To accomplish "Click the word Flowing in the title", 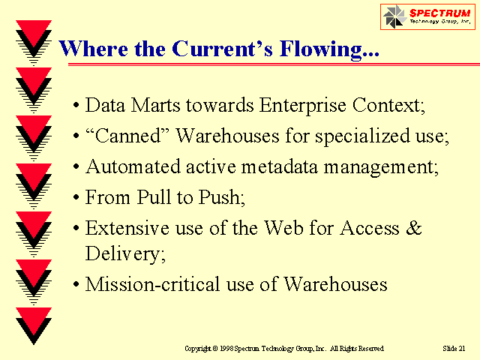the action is point(329,49).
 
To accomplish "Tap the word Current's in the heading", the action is point(222,48).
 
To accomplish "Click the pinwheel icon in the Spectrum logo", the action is point(394,16).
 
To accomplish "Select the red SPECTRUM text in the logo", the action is point(439,13).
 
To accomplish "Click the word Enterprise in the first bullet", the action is point(302,106).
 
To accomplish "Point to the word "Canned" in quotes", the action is point(127,136).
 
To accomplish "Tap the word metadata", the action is point(280,167).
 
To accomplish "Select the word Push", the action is point(222,197).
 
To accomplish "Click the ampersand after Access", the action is point(413,228).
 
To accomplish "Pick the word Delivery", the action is point(125,253).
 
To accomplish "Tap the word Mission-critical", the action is point(152,284).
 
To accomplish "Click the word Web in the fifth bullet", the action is point(283,228).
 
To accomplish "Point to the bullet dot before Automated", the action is point(76,167).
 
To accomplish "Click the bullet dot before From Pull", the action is point(76,197).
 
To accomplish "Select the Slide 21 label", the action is point(454,348).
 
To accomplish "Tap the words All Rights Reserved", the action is point(357,348).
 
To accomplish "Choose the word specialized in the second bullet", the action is point(362,136).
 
